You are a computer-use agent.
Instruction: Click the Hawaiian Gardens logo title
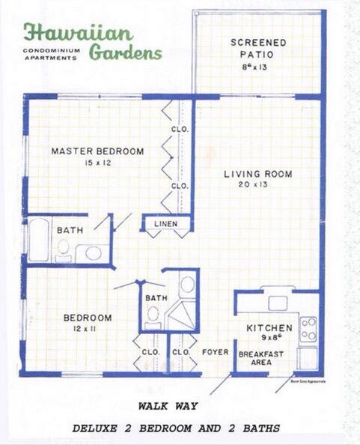coord(92,41)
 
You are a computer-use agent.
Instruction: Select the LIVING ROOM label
coord(258,174)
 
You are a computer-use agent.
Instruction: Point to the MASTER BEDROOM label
coord(97,151)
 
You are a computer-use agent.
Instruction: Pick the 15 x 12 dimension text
coord(97,163)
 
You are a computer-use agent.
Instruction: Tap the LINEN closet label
coord(166,224)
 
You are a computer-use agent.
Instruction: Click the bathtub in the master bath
coord(38,239)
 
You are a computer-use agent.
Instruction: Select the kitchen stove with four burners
coord(308,328)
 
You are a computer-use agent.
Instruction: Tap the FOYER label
coord(216,351)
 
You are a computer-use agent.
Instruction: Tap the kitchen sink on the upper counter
coord(278,303)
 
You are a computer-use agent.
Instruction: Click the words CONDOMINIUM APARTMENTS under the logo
coord(50,54)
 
